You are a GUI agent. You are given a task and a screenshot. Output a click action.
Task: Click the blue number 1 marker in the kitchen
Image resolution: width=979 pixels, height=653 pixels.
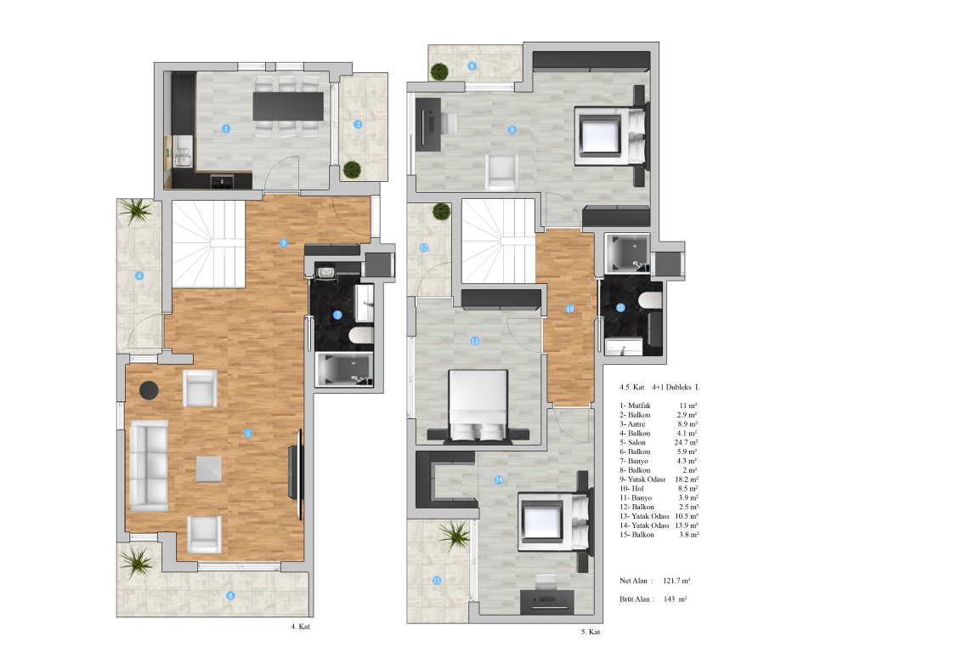click(226, 128)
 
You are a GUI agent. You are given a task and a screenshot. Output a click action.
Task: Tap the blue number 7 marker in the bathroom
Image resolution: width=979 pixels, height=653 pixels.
click(337, 315)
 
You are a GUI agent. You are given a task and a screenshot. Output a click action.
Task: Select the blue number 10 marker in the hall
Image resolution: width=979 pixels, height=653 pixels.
click(569, 309)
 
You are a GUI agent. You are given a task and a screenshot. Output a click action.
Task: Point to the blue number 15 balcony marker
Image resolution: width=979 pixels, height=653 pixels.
click(437, 581)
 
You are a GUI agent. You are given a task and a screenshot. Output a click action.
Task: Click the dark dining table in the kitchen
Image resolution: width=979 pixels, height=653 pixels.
click(288, 106)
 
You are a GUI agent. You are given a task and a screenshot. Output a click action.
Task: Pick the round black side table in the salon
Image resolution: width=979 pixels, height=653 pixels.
click(149, 390)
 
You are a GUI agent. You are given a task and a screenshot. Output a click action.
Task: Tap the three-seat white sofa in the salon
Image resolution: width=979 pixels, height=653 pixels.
click(149, 466)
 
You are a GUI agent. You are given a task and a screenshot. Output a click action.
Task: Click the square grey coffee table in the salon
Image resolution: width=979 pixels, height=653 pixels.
click(208, 469)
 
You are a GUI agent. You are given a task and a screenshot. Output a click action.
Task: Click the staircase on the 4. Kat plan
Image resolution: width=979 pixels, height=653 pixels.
click(208, 244)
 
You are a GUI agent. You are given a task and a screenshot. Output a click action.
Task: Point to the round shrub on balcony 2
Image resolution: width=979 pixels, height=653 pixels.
click(352, 169)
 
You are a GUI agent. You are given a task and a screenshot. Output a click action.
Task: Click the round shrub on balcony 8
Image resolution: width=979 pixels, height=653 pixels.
click(439, 72)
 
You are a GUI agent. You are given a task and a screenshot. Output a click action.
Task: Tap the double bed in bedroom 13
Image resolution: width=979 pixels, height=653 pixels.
click(478, 406)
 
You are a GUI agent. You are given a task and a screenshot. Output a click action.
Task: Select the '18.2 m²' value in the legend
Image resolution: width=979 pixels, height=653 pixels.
click(686, 480)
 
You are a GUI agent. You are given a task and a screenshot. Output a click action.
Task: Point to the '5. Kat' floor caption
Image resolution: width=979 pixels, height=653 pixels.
click(591, 632)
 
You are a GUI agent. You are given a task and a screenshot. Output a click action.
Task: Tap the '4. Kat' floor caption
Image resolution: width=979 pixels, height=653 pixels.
click(300, 626)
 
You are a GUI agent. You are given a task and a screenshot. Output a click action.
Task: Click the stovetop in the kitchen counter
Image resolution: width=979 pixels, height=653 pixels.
click(222, 181)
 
